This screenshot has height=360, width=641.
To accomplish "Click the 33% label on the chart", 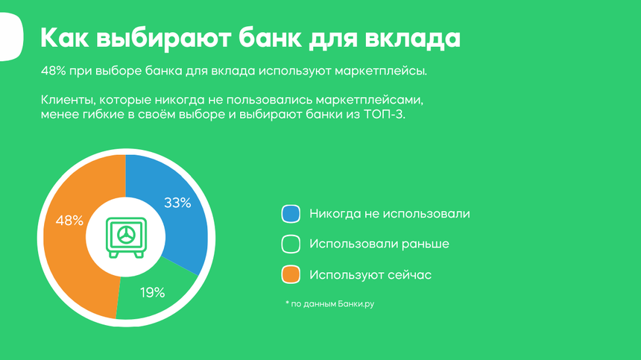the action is pyautogui.click(x=177, y=203).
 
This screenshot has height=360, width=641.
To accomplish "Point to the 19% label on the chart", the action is pyautogui.click(x=153, y=293).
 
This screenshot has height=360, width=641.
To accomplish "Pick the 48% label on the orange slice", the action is pyautogui.click(x=69, y=221).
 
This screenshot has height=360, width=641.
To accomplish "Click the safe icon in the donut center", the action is pyautogui.click(x=126, y=238).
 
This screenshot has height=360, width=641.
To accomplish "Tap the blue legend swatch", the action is pyautogui.click(x=291, y=214).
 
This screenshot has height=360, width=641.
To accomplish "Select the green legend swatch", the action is pyautogui.click(x=291, y=244).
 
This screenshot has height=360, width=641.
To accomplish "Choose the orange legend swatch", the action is pyautogui.click(x=291, y=274).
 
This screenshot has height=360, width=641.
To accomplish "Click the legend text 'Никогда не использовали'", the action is pyautogui.click(x=390, y=214).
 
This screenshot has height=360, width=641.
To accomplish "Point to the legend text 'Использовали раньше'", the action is pyautogui.click(x=379, y=244).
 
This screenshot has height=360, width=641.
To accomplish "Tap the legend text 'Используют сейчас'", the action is pyautogui.click(x=370, y=274).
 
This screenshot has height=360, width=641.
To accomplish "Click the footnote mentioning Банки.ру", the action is pyautogui.click(x=330, y=303).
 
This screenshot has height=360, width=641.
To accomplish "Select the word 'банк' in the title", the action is pyautogui.click(x=271, y=38).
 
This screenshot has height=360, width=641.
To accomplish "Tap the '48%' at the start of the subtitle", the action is pyautogui.click(x=53, y=71).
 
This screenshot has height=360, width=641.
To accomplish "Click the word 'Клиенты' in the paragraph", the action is pyautogui.click(x=68, y=100).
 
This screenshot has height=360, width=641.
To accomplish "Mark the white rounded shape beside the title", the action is pyautogui.click(x=10, y=37).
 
